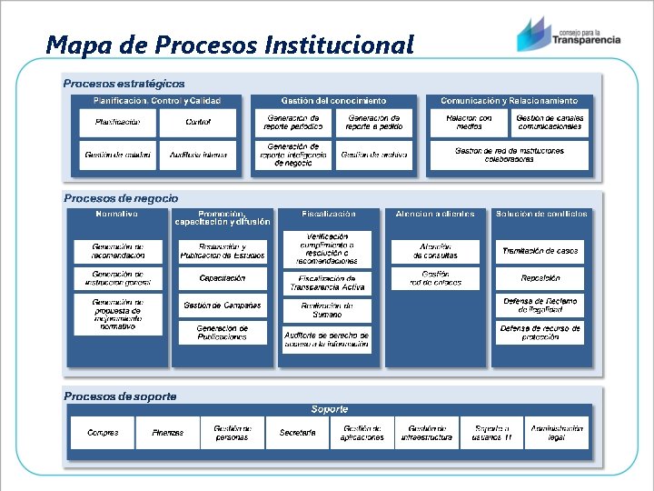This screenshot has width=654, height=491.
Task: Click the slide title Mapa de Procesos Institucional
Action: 230,44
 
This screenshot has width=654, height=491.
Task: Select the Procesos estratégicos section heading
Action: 124,84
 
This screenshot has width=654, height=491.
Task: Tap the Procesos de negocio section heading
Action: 121,198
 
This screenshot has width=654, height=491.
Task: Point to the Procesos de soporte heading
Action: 120,396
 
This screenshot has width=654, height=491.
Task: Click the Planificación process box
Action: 117,122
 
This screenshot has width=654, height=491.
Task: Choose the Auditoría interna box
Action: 198,155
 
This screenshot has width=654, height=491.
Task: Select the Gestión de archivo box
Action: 373,155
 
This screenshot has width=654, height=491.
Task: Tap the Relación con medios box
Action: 469,122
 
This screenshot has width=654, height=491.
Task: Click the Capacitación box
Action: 223,278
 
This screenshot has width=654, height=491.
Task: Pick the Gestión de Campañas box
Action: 223,306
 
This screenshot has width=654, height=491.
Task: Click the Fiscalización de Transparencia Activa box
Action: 327,283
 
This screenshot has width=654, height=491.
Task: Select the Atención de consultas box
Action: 435,251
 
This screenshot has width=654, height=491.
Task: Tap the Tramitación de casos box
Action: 540,251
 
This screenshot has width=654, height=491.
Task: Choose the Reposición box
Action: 540,278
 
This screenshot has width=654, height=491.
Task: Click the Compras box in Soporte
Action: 103,433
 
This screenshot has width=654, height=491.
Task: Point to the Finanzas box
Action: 167,433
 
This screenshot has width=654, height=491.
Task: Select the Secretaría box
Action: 298,433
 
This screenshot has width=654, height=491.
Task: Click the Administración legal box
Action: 557,433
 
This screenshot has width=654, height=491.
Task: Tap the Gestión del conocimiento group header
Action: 334,100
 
